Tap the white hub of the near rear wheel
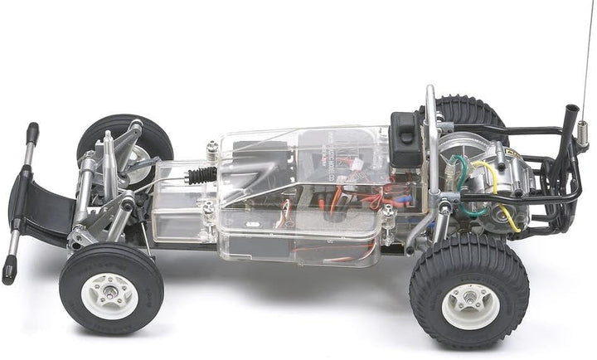[x=470, y=305]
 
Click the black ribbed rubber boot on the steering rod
[x=201, y=176]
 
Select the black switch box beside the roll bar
[x=407, y=139]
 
